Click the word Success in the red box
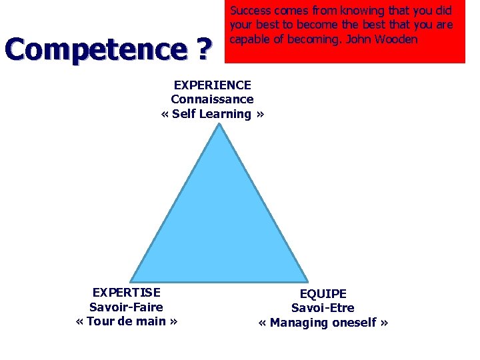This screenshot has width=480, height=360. point(249,11)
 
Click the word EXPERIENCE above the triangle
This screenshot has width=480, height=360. point(212,85)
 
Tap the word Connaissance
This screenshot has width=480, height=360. point(212,99)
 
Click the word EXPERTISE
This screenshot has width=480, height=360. point(126,292)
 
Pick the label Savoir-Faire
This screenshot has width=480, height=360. point(126,307)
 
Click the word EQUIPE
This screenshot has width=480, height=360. point(323,293)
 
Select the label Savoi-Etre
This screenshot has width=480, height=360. point(323,308)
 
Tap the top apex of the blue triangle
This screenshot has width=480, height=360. point(219,125)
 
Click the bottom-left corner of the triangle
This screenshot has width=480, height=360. point(131,280)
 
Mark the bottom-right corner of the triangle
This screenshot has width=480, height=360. point(307,280)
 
